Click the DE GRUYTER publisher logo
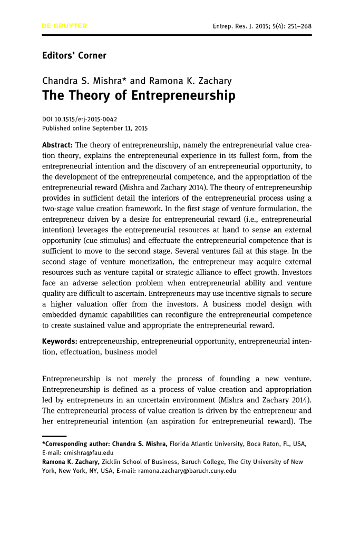64,26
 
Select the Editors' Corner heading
74,55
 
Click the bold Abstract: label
57,144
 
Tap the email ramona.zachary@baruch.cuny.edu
187,471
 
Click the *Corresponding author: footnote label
76,444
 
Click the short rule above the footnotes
54,436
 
